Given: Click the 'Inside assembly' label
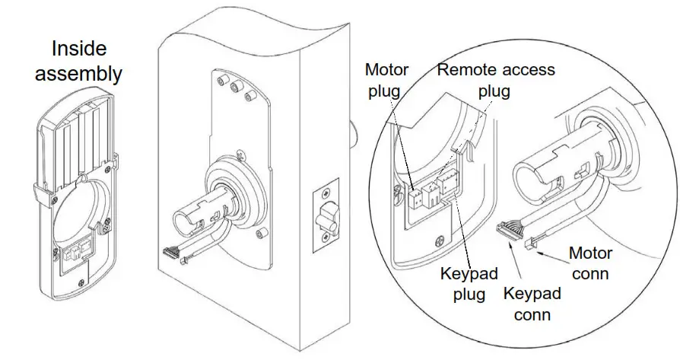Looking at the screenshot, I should coord(86,62).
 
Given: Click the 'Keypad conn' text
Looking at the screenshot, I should coord(532,304).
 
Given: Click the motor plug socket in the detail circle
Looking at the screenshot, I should coord(415,198).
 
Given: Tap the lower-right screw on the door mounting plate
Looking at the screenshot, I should coord(262,232).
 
